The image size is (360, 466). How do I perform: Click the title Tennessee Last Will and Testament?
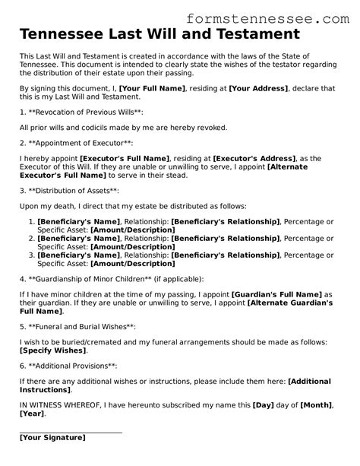pos(159,35)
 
